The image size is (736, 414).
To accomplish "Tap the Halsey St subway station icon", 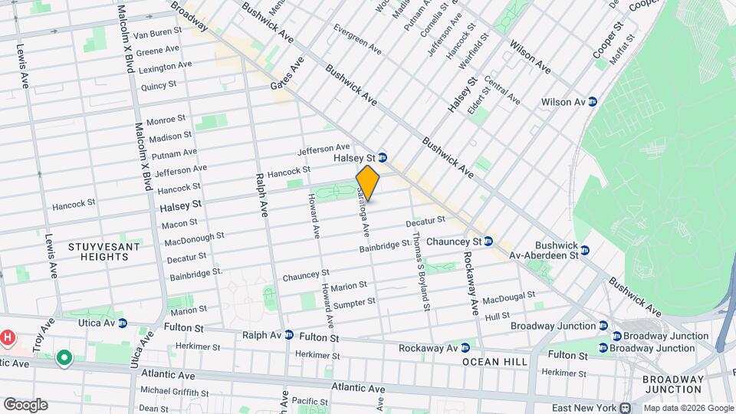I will pos(383,158).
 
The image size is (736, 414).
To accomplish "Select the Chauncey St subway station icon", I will pos(488,241).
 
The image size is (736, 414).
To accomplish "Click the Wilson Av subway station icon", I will pos(592,102).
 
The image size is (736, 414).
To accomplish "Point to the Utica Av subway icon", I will pos(122,324).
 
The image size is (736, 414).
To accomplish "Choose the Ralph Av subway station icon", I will pos(289,335).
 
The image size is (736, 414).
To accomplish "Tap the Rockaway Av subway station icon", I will pos(465,347).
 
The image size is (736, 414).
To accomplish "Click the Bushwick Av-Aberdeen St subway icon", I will pos(585,250).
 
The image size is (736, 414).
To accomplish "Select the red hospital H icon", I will pos(8,337).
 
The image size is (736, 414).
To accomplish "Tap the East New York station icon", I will pos(626,408).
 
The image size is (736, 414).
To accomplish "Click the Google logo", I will pos(25,405).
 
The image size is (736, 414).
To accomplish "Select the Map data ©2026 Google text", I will pos(687,408).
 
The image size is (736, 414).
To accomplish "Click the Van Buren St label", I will pos(157,35).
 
